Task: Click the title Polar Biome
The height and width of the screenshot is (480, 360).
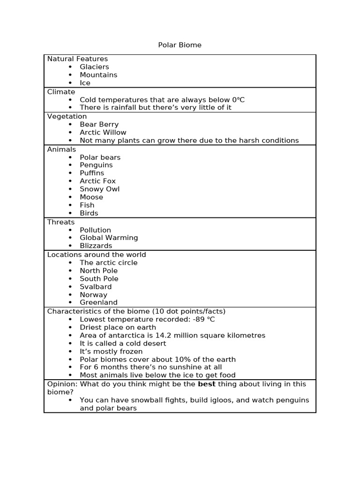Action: pos(180,45)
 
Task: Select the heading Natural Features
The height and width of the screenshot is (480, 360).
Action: pos(77,59)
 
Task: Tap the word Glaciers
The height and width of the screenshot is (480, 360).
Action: pos(94,67)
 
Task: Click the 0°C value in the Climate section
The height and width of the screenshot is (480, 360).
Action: pos(238,100)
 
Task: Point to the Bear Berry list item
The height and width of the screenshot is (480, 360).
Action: pos(99,125)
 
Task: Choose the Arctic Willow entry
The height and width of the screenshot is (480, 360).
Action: pos(103,133)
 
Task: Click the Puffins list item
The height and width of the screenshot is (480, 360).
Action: pos(92,173)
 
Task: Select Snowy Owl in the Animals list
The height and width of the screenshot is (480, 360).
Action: pos(99,189)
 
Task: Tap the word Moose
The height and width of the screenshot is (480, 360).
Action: pos(91,197)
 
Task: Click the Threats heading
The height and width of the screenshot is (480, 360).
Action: pos(61,222)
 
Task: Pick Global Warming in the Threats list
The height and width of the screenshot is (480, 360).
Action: pos(109,238)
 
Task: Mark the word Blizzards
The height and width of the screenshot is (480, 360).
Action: pos(96,246)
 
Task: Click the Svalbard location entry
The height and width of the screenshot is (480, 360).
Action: pos(96,287)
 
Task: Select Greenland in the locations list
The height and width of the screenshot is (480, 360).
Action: pos(98,303)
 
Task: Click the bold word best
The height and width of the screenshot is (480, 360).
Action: pos(206,384)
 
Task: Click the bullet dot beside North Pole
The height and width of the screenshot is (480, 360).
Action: pos(70,271)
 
